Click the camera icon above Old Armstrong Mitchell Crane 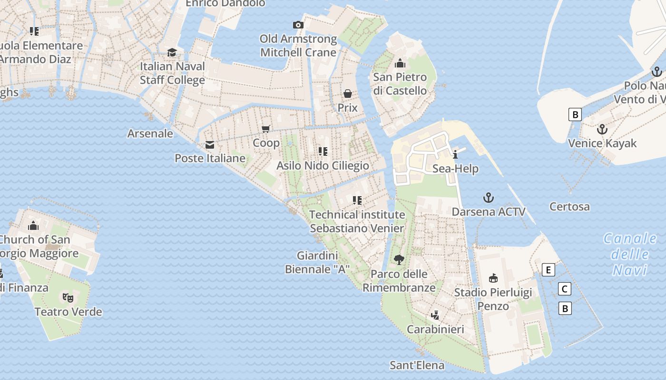298,25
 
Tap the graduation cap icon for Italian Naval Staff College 172,52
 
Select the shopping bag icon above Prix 348,94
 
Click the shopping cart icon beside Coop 266,129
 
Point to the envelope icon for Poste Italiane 210,145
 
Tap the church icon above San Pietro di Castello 400,63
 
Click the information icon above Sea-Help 455,154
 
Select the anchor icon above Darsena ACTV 488,198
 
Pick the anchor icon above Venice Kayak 602,129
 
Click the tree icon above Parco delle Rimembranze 399,259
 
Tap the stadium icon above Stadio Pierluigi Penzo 493,278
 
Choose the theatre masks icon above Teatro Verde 68,298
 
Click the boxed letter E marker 548,270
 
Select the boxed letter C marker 564,289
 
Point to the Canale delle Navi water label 630,254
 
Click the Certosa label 569,207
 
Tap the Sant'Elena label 417,365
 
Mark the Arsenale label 150,133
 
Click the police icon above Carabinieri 435,315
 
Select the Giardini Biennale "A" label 317,263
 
